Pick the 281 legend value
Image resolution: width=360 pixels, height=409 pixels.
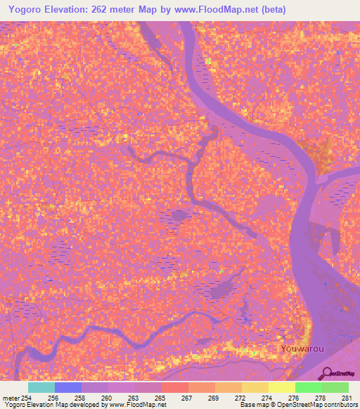(347, 398)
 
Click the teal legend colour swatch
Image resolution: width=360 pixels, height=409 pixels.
(41, 387)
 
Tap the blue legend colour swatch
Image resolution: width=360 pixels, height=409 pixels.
(68, 387)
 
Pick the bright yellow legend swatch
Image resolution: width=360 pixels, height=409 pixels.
(282, 387)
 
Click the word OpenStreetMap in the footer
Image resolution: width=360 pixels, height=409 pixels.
(290, 405)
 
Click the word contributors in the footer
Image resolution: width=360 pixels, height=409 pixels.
(338, 405)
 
